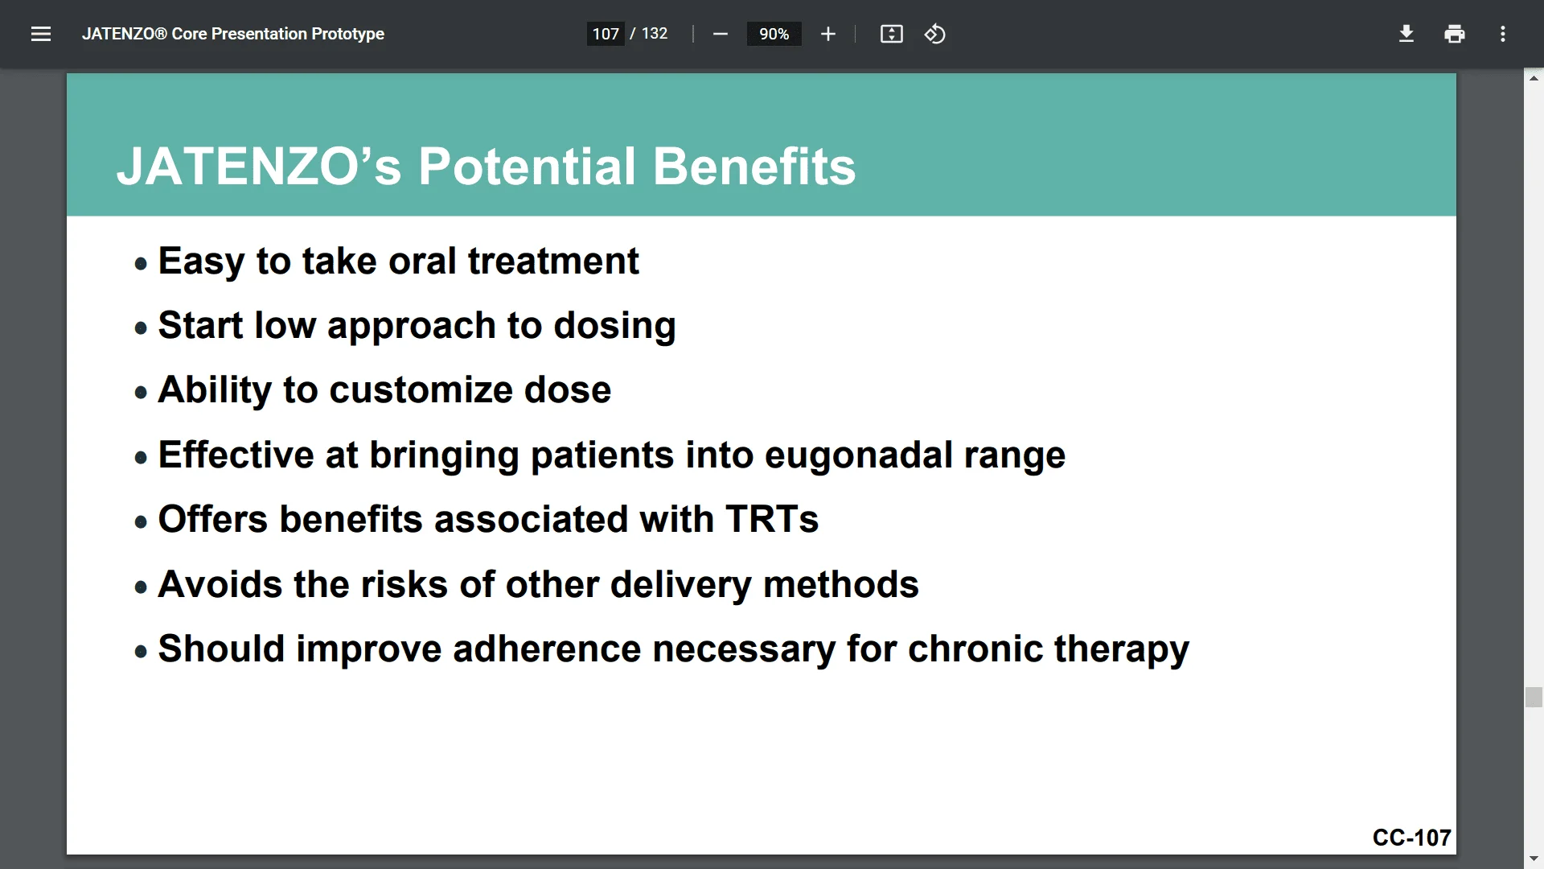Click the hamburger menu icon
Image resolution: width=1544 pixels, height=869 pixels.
click(41, 34)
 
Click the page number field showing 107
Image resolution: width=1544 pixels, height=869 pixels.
click(606, 34)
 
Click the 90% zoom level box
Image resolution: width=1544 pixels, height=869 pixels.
click(774, 34)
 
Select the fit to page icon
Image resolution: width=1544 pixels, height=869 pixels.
click(892, 34)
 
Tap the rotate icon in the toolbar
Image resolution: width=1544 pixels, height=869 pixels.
click(934, 34)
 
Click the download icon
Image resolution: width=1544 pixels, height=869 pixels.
click(1406, 34)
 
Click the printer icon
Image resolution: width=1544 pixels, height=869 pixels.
click(1455, 34)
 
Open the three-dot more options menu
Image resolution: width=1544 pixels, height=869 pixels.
click(1503, 34)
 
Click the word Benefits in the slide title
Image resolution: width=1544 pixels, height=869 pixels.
click(754, 167)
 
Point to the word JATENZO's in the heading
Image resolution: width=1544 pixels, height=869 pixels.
click(259, 167)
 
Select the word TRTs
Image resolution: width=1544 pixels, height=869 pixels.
click(772, 519)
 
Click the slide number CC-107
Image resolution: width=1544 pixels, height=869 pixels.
click(1412, 838)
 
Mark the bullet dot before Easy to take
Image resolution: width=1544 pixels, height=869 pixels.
click(142, 263)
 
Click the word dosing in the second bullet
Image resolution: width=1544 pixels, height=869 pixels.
click(614, 327)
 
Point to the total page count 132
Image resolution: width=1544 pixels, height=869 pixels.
click(655, 34)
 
